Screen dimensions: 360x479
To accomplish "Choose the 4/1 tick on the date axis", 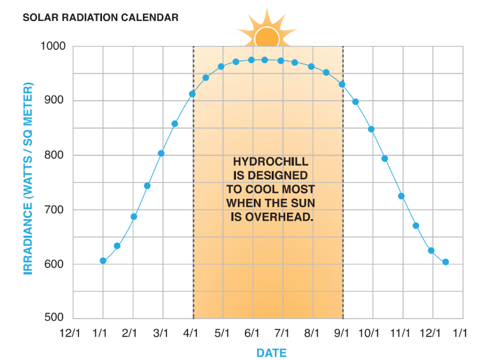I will pos(192,333).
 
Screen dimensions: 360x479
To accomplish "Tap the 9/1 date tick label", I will pos(343,333).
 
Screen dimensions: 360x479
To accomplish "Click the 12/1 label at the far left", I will pos(70,333).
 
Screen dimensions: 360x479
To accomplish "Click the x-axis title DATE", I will pos(271,352).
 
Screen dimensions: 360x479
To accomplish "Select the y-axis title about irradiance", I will pos(28,178).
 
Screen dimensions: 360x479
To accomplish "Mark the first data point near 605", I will pos(103,261).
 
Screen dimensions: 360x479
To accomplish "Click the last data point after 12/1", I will pos(445,262).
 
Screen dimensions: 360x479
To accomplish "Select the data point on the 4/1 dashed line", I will pos(192,94).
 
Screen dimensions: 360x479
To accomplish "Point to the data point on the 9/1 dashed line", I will pos(342,84).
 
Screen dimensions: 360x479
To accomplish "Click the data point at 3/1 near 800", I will pos(161,154).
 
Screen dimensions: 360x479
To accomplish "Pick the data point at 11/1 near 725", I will pos(401,196).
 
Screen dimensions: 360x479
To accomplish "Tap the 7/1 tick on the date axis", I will pos(282,333).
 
